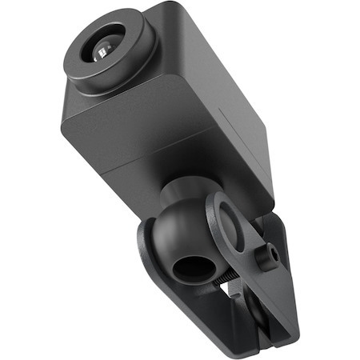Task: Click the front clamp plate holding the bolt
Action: (248, 240)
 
